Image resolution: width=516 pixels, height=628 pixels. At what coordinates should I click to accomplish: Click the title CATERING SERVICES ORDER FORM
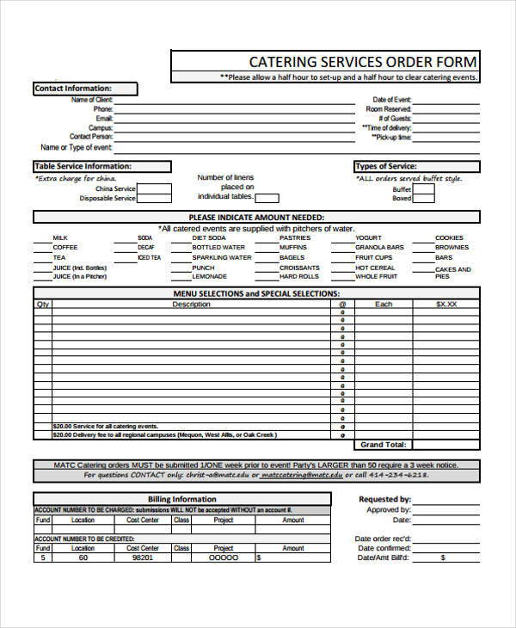pyautogui.click(x=361, y=62)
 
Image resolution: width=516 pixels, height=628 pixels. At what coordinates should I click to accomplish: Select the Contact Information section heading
pyautogui.click(x=73, y=89)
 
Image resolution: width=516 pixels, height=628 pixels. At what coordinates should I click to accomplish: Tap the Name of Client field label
pyautogui.click(x=91, y=100)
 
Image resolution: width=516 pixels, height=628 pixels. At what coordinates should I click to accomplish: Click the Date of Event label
pyautogui.click(x=391, y=100)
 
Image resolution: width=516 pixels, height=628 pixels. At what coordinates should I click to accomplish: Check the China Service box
pyautogui.click(x=154, y=188)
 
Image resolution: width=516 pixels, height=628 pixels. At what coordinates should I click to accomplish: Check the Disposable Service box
pyautogui.click(x=154, y=199)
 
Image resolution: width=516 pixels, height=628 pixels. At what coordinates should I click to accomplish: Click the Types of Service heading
pyautogui.click(x=386, y=166)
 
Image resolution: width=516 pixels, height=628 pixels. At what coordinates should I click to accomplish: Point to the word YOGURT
pyautogui.click(x=368, y=237)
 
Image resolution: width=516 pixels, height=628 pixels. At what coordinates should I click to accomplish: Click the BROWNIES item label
pyautogui.click(x=451, y=248)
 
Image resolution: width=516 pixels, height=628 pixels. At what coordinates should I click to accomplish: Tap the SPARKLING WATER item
pyautogui.click(x=222, y=257)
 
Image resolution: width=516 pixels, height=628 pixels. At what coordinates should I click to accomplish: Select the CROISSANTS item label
pyautogui.click(x=299, y=268)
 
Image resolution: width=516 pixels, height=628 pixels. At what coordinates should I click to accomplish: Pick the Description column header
pyautogui.click(x=191, y=304)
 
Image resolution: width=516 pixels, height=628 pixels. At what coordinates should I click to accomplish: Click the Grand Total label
pyautogui.click(x=383, y=445)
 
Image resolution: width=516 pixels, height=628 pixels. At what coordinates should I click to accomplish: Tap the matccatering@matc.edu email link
pyautogui.click(x=301, y=475)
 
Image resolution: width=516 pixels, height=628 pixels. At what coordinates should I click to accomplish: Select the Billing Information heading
pyautogui.click(x=181, y=499)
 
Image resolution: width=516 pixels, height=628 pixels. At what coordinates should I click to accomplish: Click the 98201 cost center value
pyautogui.click(x=143, y=557)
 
